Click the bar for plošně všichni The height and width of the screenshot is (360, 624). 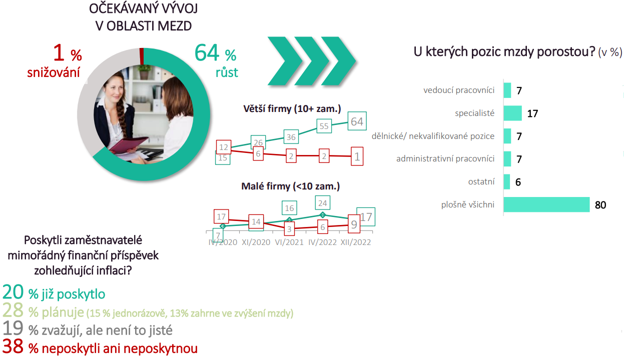pos(546,204)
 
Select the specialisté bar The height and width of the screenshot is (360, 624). pos(512,113)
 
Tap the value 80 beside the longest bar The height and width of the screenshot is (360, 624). pos(600,205)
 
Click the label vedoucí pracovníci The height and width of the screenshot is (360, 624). pos(459,90)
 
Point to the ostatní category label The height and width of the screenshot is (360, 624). pos(481,182)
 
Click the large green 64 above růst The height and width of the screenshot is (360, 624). pos(207,52)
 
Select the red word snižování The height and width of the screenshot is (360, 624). pos(54,72)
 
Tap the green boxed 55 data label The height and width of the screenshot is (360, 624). pos(324,126)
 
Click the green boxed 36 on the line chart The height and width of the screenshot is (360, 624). pos(291,136)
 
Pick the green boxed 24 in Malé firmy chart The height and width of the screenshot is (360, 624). pos(323,203)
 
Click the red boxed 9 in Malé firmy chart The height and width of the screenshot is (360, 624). pos(354,224)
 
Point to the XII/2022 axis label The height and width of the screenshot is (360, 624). pos(356,242)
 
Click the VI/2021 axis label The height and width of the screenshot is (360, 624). pos(289,242)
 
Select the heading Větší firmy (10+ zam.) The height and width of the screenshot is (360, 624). pos(292,108)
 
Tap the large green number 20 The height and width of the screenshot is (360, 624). pos(13,292)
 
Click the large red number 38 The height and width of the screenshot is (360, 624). pos(13,346)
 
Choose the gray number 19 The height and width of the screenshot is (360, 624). pos(13,328)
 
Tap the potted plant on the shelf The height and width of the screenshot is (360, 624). pos(144,71)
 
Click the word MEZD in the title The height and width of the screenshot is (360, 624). pos(174,26)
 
